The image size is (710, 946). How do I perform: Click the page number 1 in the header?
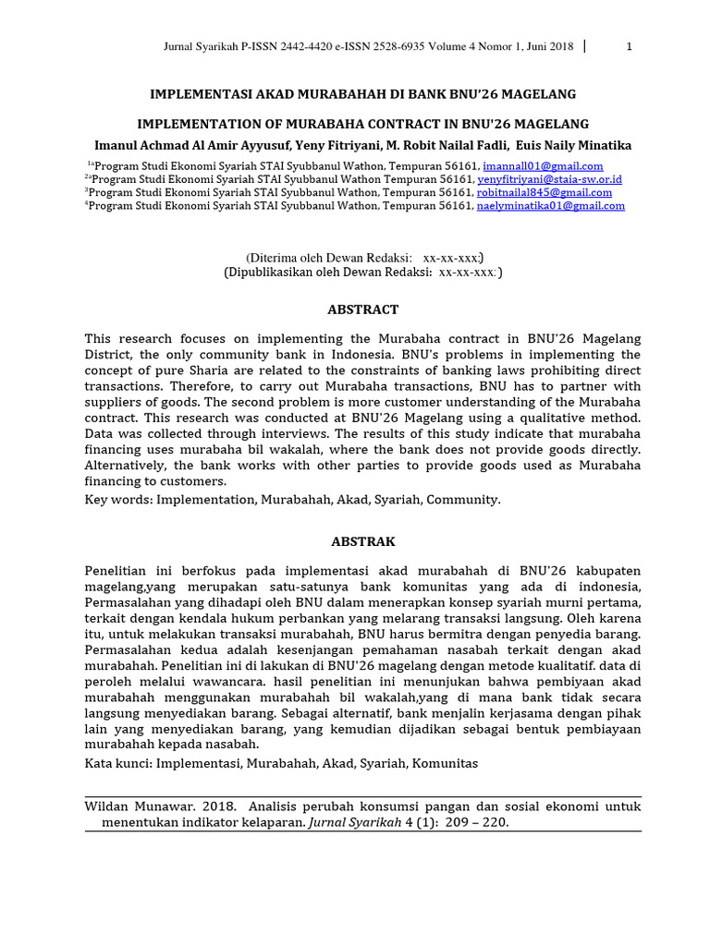pos(629,48)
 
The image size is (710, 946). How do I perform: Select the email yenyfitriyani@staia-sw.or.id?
pos(550,178)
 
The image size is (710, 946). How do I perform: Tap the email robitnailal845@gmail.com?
pos(544,192)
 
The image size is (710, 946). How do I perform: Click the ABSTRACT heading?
pos(362,309)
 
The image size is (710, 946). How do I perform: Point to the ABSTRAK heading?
pos(362,540)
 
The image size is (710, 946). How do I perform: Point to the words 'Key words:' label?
pos(118,499)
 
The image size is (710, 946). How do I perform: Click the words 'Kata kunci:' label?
pos(118,764)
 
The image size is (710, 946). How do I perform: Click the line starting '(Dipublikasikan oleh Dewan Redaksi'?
pos(362,273)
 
